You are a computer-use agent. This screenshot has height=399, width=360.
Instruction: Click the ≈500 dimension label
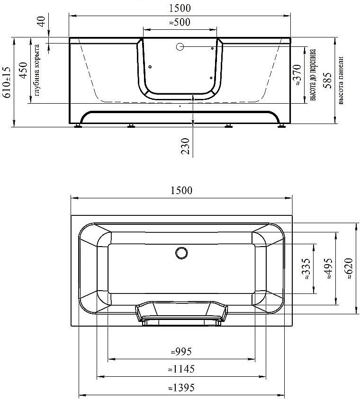[x=180, y=22]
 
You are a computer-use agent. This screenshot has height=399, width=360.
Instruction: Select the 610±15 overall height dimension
[x=7, y=82]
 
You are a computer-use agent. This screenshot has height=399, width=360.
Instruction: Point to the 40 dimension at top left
[x=42, y=21]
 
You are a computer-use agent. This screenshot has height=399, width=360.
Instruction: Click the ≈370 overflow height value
[x=297, y=75]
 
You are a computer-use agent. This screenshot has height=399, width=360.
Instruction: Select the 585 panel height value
[x=327, y=80]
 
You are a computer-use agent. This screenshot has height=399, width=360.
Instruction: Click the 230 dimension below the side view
[x=186, y=146]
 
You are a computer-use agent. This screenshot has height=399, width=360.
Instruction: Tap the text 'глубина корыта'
[x=36, y=70]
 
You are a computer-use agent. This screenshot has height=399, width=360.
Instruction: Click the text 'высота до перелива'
[x=313, y=75]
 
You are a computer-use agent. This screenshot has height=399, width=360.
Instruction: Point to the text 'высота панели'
[x=341, y=80]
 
